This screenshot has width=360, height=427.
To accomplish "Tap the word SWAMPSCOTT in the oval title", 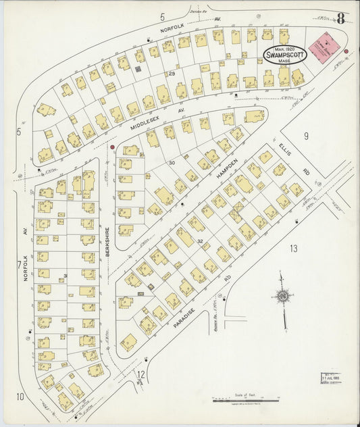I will pyautogui.click(x=284, y=55).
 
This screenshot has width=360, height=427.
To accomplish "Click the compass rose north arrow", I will pyautogui.click(x=282, y=296).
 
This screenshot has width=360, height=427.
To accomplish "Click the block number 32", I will pyautogui.click(x=200, y=241).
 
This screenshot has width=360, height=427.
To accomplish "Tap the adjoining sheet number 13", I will pyautogui.click(x=293, y=249).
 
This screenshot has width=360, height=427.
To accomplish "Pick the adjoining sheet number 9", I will pyautogui.click(x=305, y=136).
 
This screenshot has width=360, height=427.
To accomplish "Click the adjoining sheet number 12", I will pyautogui.click(x=141, y=374).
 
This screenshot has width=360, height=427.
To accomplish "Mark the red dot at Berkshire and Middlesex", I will pyautogui.click(x=112, y=146).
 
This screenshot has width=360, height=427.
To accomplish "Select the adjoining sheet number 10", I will pyautogui.click(x=20, y=397).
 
